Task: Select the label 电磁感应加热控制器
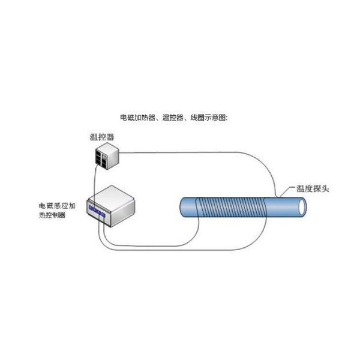pyautogui.click(x=56, y=211)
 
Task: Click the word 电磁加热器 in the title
pyautogui.click(x=135, y=118)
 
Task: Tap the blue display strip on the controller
pyautogui.click(x=97, y=211)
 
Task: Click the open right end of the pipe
pyautogui.click(x=302, y=207)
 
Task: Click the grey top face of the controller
pyautogui.click(x=114, y=196)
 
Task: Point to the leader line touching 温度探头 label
pyautogui.click(x=282, y=193)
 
